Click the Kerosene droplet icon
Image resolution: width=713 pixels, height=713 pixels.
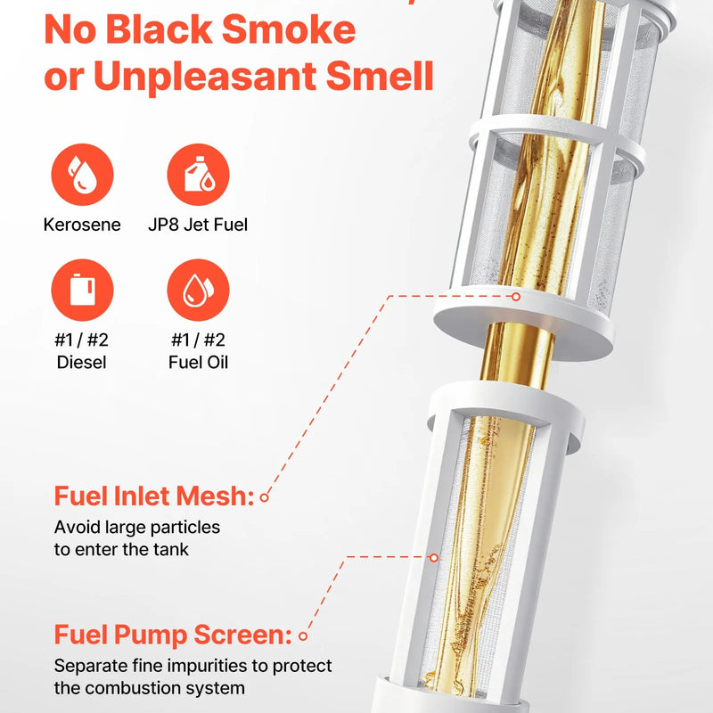click(x=82, y=175)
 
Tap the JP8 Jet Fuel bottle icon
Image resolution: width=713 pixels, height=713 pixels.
click(x=198, y=175)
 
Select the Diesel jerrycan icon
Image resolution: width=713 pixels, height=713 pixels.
click(x=82, y=291)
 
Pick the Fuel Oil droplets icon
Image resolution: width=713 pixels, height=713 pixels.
click(x=198, y=291)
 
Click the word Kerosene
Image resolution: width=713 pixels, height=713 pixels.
click(x=82, y=225)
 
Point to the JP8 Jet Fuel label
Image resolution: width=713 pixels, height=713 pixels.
click(x=198, y=225)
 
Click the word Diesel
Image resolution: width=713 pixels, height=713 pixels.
click(x=81, y=363)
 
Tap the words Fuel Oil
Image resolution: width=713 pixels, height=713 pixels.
click(x=198, y=363)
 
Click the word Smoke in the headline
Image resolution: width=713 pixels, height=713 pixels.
click(x=289, y=29)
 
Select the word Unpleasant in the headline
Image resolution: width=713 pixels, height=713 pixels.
click(x=205, y=77)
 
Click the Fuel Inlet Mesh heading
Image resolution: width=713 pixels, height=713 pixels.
click(x=153, y=496)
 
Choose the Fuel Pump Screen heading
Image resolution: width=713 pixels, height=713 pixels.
click(x=173, y=635)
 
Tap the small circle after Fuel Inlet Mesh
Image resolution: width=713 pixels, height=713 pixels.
click(x=264, y=497)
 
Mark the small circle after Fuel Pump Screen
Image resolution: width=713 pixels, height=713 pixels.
click(x=303, y=636)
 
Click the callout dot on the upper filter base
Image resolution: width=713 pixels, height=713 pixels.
click(x=516, y=297)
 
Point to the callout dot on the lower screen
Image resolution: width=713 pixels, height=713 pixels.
click(x=434, y=558)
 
